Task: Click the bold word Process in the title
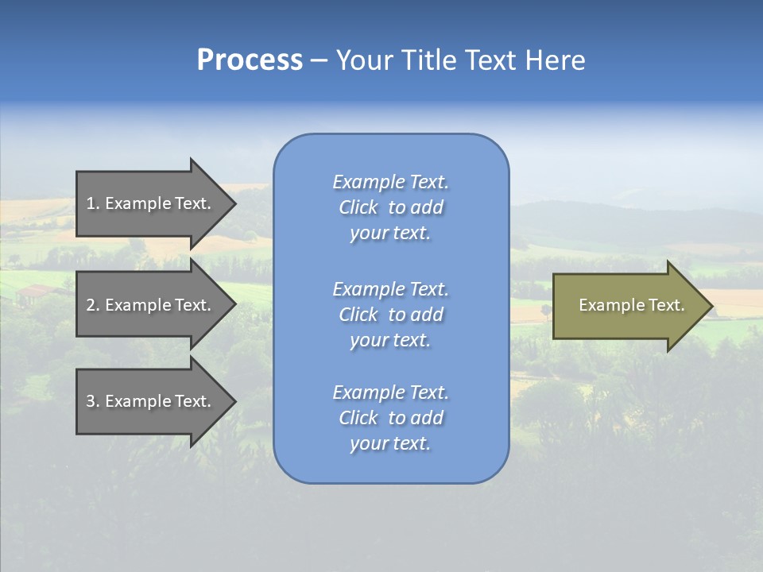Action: click(250, 60)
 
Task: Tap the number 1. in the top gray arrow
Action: click(93, 203)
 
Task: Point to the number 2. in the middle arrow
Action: click(93, 305)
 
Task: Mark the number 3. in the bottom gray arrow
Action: click(93, 402)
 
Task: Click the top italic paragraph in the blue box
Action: click(390, 207)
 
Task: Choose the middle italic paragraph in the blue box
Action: click(390, 315)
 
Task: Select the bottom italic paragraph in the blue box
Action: click(390, 418)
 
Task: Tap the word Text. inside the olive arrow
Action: click(666, 305)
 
